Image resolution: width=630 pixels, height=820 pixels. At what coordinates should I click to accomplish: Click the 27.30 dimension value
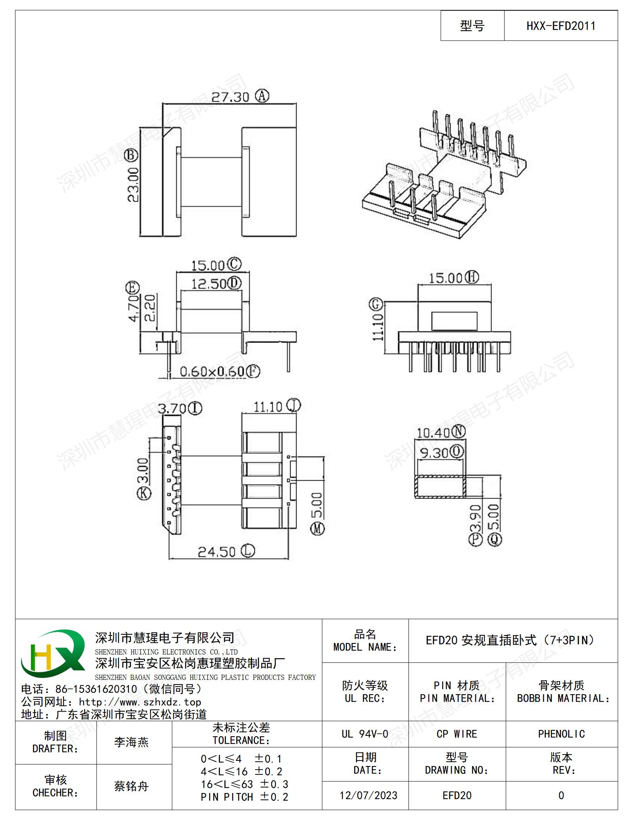[x=230, y=97]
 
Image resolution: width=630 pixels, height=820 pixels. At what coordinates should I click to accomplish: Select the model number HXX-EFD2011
[x=561, y=26]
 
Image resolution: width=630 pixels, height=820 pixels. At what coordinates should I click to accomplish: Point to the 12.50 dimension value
[x=209, y=284]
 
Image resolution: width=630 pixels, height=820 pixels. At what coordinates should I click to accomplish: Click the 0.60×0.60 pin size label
[x=212, y=372]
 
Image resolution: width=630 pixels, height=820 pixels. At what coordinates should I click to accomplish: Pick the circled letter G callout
[x=376, y=305]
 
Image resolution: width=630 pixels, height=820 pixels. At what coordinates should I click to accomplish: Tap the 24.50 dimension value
[x=217, y=552]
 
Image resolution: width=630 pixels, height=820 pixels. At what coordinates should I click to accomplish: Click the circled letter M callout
[x=317, y=529]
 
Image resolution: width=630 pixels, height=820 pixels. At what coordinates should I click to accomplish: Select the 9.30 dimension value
[x=434, y=453]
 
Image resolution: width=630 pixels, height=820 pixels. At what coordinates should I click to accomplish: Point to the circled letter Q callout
[x=495, y=539]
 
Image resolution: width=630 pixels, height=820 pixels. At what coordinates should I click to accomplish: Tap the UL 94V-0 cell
[x=365, y=734]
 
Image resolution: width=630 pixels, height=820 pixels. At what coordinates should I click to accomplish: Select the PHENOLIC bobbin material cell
[x=561, y=734]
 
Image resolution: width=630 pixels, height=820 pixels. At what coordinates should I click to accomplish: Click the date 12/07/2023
[x=368, y=795]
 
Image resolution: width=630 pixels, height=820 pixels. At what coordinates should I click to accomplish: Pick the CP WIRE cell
[x=457, y=734]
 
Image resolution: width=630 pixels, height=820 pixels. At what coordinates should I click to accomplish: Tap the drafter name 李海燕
[x=131, y=742]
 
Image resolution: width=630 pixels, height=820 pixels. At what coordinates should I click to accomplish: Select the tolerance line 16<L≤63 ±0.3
[x=245, y=784]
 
